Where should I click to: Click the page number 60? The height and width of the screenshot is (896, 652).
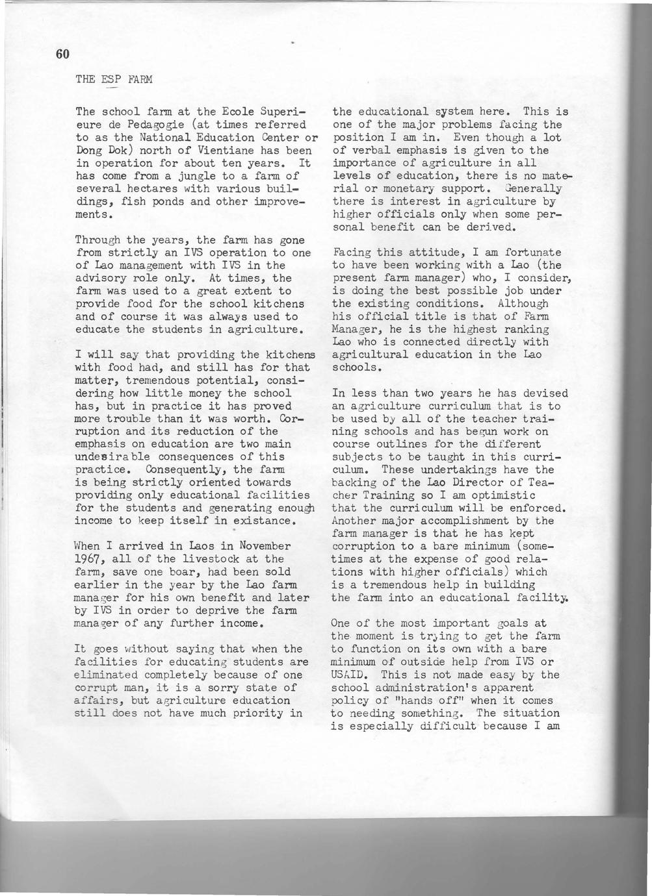(62, 54)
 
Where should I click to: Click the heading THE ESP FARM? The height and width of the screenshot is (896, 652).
(114, 80)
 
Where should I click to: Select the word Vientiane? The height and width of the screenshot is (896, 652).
(207, 150)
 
